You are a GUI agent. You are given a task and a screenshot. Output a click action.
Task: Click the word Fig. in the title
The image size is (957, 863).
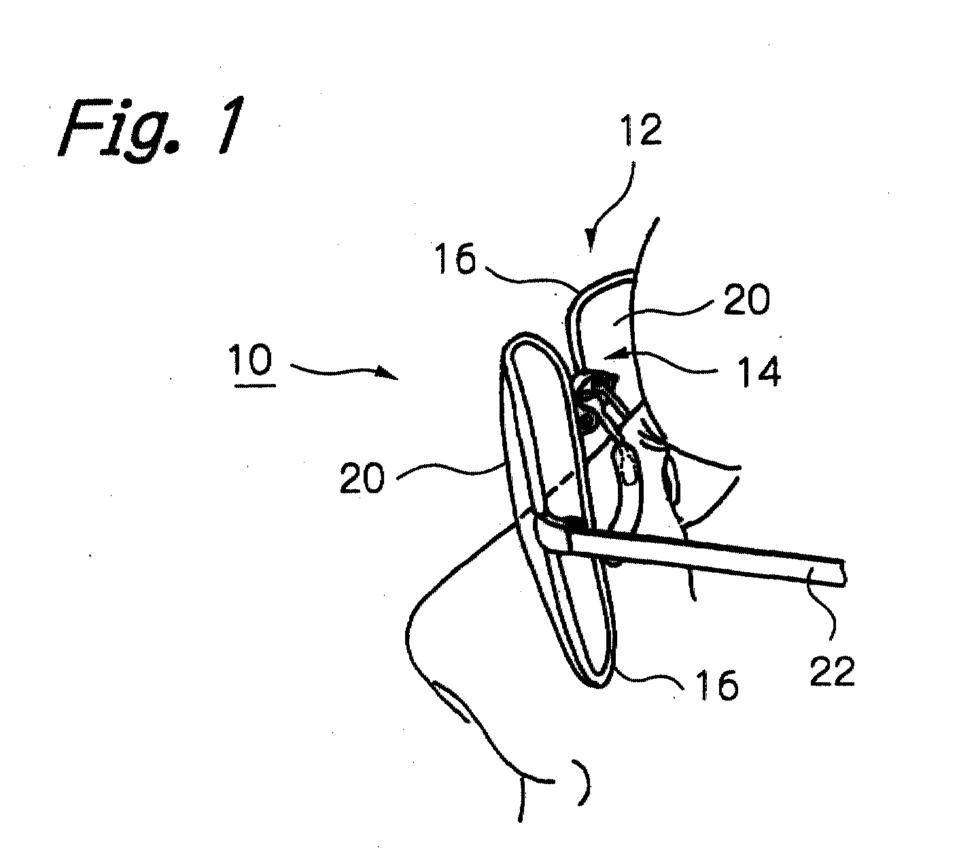122,128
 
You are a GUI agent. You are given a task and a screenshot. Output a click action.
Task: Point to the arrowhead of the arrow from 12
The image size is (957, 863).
590,241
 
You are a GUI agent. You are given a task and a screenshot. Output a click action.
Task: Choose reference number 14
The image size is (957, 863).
759,371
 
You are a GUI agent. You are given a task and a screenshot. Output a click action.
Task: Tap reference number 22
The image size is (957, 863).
833,671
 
